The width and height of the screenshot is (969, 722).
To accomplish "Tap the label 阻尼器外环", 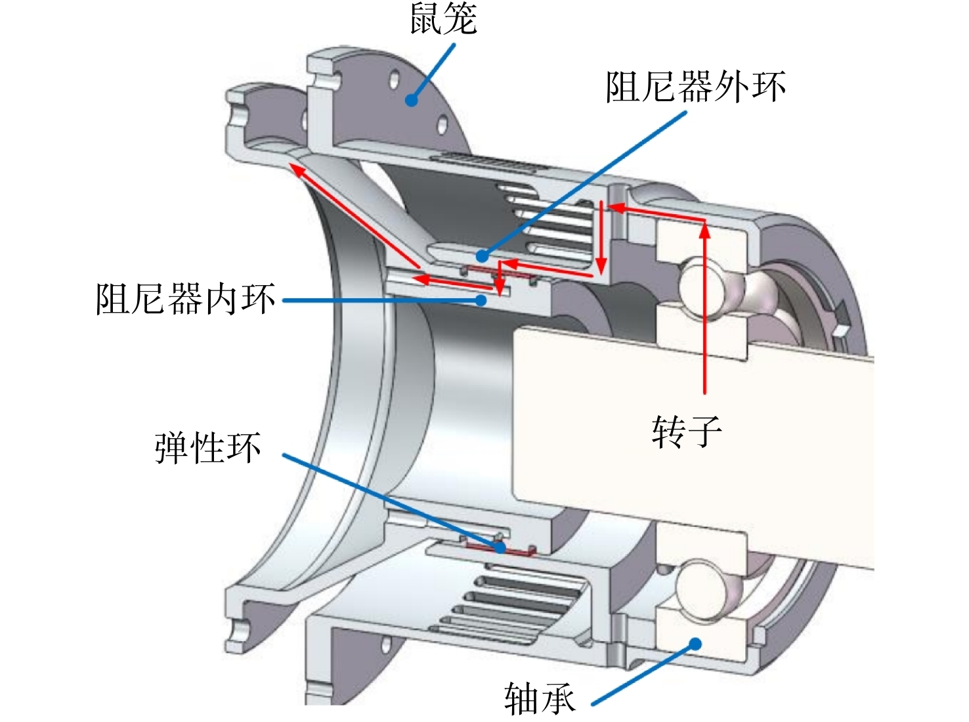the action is click(x=695, y=86).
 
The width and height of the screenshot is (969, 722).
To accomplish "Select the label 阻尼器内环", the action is click(x=186, y=299).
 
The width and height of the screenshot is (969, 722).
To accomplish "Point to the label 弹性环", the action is click(x=208, y=448).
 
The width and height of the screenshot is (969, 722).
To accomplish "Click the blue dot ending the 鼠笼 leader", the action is click(x=411, y=101).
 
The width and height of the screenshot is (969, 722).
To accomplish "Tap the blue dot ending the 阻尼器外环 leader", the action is click(x=482, y=256).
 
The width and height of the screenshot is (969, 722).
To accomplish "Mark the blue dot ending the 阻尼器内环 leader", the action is click(x=481, y=300).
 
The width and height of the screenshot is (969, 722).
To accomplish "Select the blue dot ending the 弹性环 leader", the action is click(x=500, y=547).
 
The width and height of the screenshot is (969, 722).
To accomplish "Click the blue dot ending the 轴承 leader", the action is click(x=695, y=644).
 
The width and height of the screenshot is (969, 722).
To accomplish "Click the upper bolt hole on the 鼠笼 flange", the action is click(x=395, y=79).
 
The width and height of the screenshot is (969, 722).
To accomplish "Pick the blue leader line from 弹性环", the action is click(x=391, y=501).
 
